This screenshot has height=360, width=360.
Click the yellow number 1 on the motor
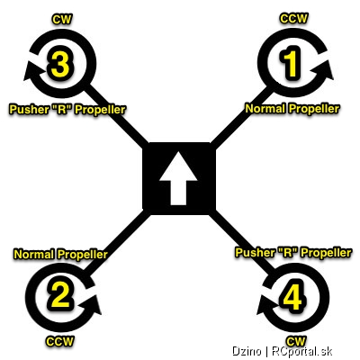(290, 63)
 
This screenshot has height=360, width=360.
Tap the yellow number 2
(60, 294)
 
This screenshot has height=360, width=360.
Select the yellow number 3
(60, 63)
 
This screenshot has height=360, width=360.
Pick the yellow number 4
(293, 296)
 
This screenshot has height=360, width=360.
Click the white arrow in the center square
(178, 178)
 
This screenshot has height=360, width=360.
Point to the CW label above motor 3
(62, 19)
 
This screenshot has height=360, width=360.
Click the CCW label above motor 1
(293, 18)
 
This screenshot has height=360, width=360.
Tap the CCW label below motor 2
(59, 341)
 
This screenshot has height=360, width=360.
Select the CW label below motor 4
(296, 341)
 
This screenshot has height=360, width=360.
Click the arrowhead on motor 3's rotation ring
(32, 71)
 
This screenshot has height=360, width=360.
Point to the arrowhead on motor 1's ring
(323, 70)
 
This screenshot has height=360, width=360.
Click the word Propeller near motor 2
(83, 255)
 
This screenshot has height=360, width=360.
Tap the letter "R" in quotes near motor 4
(284, 253)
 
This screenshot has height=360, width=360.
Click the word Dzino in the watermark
(247, 351)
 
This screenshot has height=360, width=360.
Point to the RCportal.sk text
(302, 351)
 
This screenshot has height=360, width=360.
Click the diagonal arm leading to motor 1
(241, 117)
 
